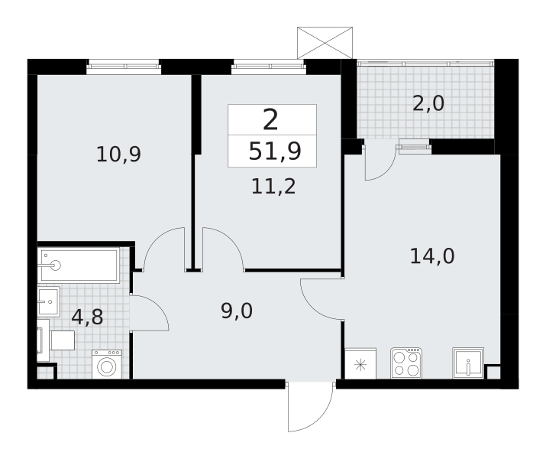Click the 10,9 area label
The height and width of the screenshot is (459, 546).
point(118,155)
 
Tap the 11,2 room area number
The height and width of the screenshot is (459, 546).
point(273,187)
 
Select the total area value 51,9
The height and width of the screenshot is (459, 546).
point(275,151)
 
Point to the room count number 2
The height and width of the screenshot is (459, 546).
point(270,119)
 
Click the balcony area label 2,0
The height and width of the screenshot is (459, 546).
point(428,103)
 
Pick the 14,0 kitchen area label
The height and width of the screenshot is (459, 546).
point(432,256)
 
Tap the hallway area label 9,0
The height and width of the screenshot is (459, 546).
point(237,311)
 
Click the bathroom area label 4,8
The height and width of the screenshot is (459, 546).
point(87,317)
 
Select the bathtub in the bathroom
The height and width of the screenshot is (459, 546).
point(79,265)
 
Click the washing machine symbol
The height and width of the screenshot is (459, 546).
point(107,364)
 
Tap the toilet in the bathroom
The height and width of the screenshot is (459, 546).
point(56,340)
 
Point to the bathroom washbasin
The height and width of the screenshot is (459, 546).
point(49,301)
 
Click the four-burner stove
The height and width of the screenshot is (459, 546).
point(406,363)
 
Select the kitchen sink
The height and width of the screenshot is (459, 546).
point(468,363)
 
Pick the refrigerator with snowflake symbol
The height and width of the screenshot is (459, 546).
point(360,363)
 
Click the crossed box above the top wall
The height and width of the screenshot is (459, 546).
point(325,43)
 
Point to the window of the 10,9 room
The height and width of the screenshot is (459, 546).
point(124,67)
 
